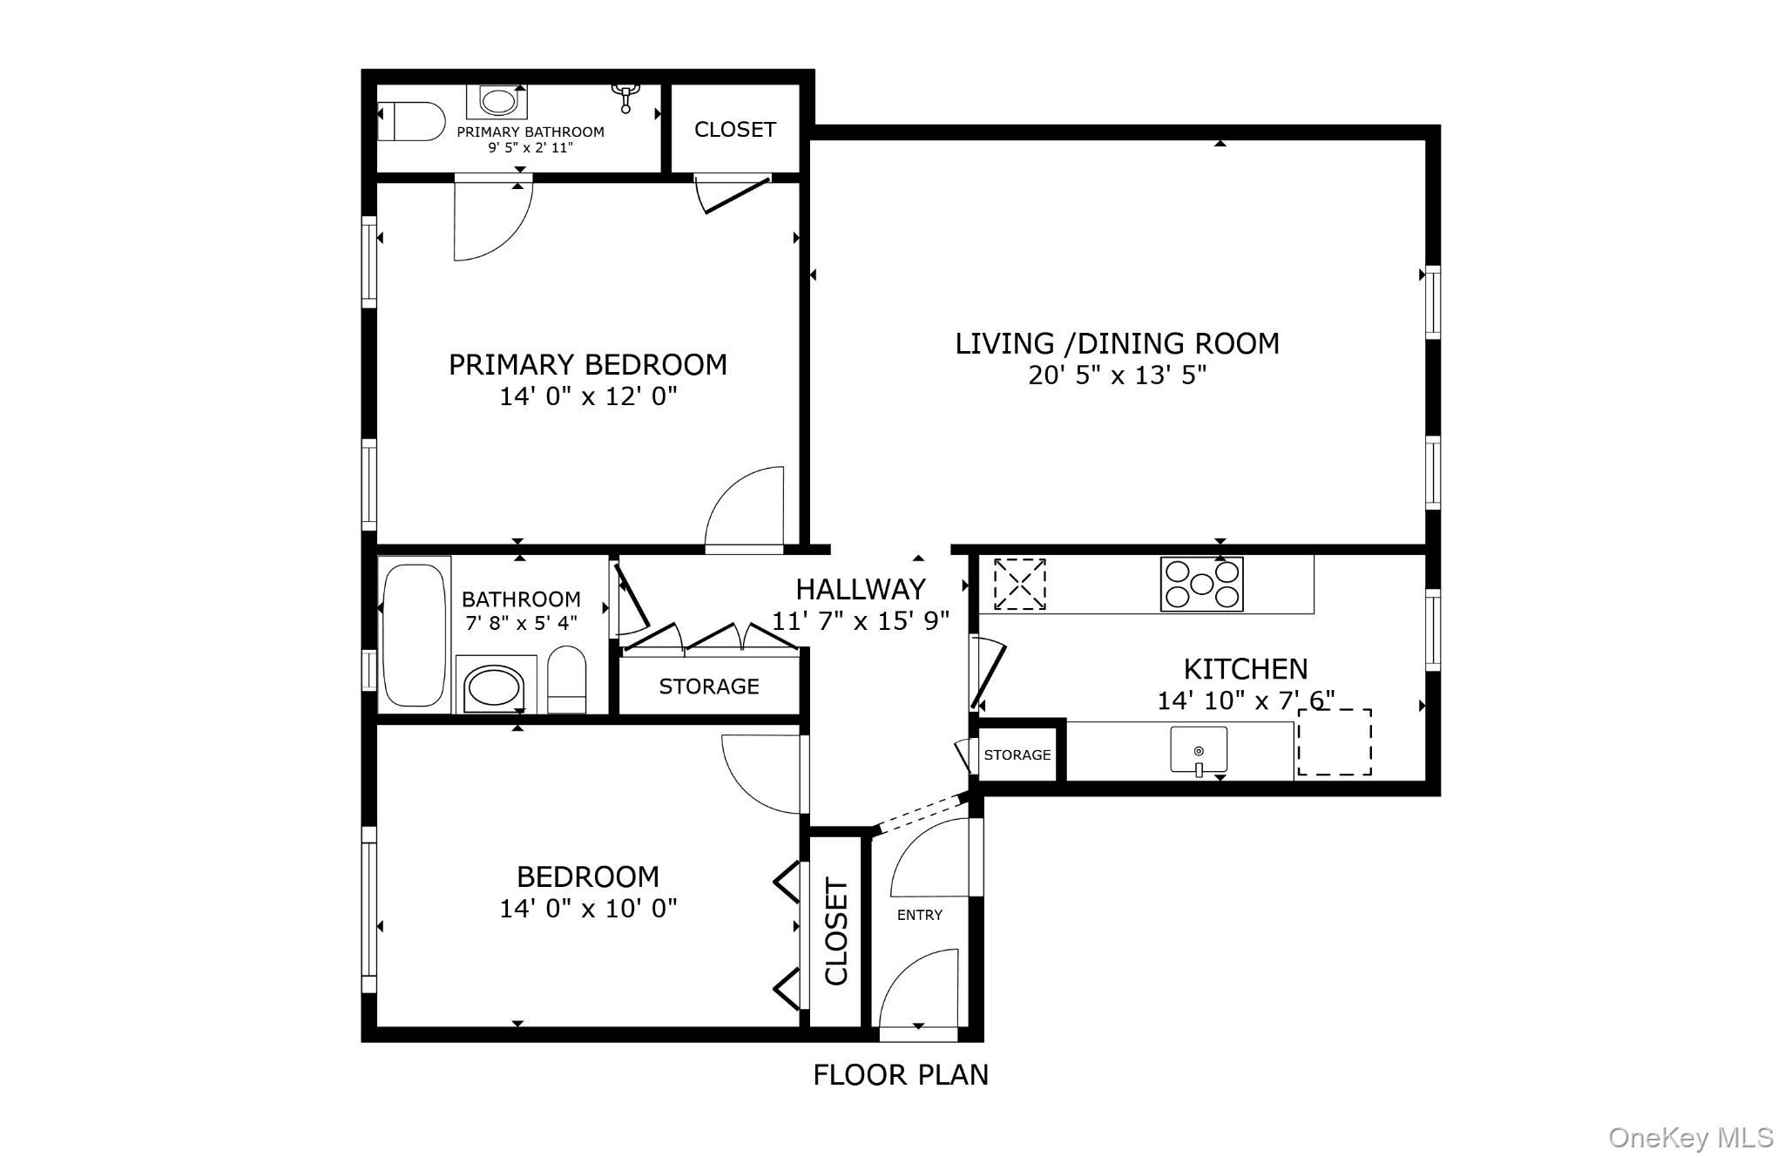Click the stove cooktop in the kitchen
tap(1201, 584)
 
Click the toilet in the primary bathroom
tap(410, 122)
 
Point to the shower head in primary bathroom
tap(625, 97)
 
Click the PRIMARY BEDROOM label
tap(587, 364)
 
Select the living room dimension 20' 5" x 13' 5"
tap(1117, 376)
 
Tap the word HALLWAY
tap(860, 590)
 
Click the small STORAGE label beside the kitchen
tap(1017, 754)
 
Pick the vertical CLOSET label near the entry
tap(835, 932)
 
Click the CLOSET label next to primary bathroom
tap(734, 129)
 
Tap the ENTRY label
tap(919, 915)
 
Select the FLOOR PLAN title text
tap(900, 1075)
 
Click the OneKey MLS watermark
tap(1690, 1137)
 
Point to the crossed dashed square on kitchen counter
tap(1019, 584)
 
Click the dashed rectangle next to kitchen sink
tap(1334, 742)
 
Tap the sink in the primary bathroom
tap(497, 102)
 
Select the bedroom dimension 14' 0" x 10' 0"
tap(587, 909)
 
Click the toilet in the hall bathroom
tap(567, 680)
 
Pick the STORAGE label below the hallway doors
tap(708, 687)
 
